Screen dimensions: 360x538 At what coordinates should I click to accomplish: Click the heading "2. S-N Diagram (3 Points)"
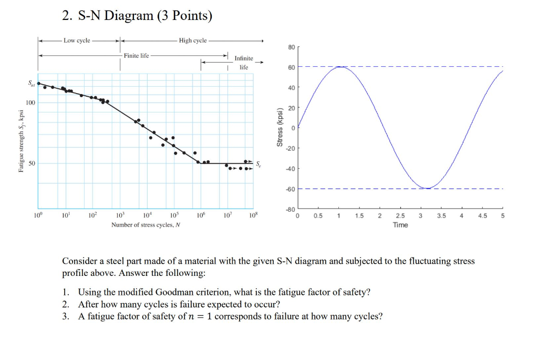click(x=137, y=16)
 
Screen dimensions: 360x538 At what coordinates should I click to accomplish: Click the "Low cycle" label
click(x=77, y=40)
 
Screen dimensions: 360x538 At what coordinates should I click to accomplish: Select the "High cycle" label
click(x=192, y=40)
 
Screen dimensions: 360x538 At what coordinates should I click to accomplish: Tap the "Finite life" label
click(x=136, y=55)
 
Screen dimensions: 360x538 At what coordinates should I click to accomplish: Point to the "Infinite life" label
click(x=243, y=63)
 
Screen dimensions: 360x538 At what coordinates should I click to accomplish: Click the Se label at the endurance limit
click(x=257, y=164)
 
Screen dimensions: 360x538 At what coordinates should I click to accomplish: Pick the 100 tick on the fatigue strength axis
click(x=31, y=102)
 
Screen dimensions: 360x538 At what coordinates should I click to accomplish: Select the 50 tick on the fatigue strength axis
click(x=32, y=164)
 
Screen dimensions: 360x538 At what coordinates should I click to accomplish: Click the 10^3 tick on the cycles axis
click(x=120, y=216)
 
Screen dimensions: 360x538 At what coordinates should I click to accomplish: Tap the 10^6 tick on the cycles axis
click(x=200, y=216)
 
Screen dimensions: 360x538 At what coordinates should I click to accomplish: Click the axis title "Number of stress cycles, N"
click(x=146, y=225)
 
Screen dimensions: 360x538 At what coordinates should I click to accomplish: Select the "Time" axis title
click(x=400, y=225)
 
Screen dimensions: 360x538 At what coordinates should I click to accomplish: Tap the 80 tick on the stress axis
click(x=291, y=47)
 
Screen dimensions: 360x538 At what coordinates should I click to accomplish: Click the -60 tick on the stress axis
click(x=291, y=189)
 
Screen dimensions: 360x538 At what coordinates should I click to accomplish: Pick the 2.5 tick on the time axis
click(x=400, y=216)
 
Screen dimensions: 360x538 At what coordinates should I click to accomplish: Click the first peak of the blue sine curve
click(x=340, y=67)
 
